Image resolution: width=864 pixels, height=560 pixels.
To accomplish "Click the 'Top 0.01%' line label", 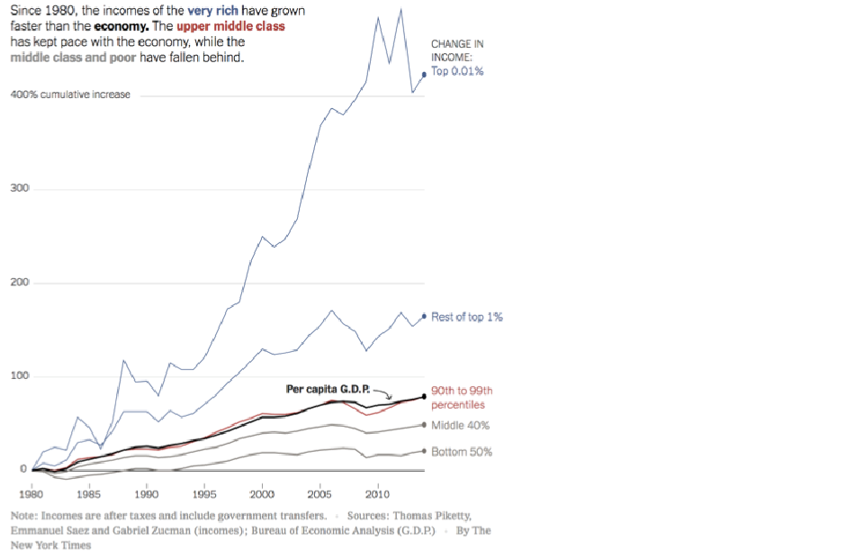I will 457,71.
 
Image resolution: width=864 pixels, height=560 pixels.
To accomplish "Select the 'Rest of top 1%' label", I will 467,318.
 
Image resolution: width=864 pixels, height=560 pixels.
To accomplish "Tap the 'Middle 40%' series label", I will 460,425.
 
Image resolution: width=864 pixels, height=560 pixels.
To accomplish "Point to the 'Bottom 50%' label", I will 462,451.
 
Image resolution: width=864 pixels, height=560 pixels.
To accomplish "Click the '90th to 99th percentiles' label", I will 462,398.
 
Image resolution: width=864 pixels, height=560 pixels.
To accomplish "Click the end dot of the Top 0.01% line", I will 424,76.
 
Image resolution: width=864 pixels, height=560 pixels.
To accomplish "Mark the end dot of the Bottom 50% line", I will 424,451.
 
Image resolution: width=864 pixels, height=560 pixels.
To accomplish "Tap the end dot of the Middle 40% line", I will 424,425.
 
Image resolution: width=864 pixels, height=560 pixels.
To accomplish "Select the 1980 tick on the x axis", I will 31,494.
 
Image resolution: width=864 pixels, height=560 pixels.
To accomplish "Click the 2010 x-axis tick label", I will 377,494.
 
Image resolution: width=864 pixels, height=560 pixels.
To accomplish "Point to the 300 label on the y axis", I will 20,188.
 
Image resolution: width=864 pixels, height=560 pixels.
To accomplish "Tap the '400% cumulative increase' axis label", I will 70,95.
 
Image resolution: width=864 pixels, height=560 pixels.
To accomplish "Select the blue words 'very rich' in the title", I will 212,12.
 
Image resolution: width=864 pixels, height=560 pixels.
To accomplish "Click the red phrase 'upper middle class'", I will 230,26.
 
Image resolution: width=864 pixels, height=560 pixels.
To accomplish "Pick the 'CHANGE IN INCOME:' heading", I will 456,50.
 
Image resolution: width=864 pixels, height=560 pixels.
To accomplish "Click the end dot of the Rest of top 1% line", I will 424,316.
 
